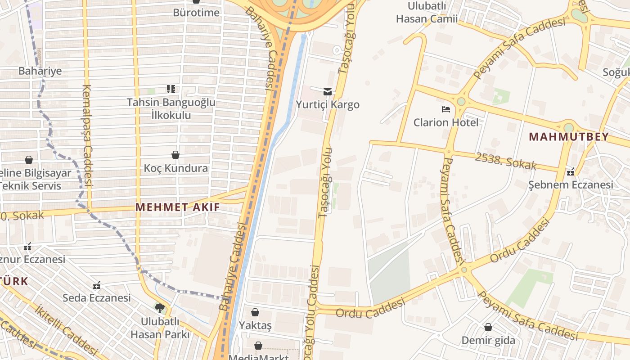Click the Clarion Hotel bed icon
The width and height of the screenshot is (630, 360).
click(445, 109)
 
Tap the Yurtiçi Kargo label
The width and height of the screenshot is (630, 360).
click(328, 104)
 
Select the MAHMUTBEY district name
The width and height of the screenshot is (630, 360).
click(569, 137)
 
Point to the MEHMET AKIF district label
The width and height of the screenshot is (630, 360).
click(178, 207)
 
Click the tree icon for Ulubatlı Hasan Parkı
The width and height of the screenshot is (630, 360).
click(159, 308)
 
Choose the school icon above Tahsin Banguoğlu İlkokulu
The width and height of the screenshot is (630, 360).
click(171, 89)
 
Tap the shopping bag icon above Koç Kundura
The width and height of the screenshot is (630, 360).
click(175, 155)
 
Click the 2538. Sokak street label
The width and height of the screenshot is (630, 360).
click(506, 161)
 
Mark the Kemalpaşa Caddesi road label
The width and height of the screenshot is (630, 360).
click(87, 135)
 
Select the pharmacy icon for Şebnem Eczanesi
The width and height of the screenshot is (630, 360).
click(571, 171)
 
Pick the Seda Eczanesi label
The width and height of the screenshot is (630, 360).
click(97, 297)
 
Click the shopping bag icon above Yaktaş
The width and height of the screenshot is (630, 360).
click(255, 312)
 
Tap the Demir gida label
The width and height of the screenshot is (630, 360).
click(488, 340)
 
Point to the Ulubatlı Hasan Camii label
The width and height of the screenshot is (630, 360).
click(427, 12)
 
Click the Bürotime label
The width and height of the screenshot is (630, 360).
click(196, 12)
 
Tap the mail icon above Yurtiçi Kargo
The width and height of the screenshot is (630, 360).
click(328, 91)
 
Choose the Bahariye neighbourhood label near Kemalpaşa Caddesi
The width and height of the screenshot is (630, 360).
click(40, 71)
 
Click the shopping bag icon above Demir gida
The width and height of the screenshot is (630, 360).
click(488, 327)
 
